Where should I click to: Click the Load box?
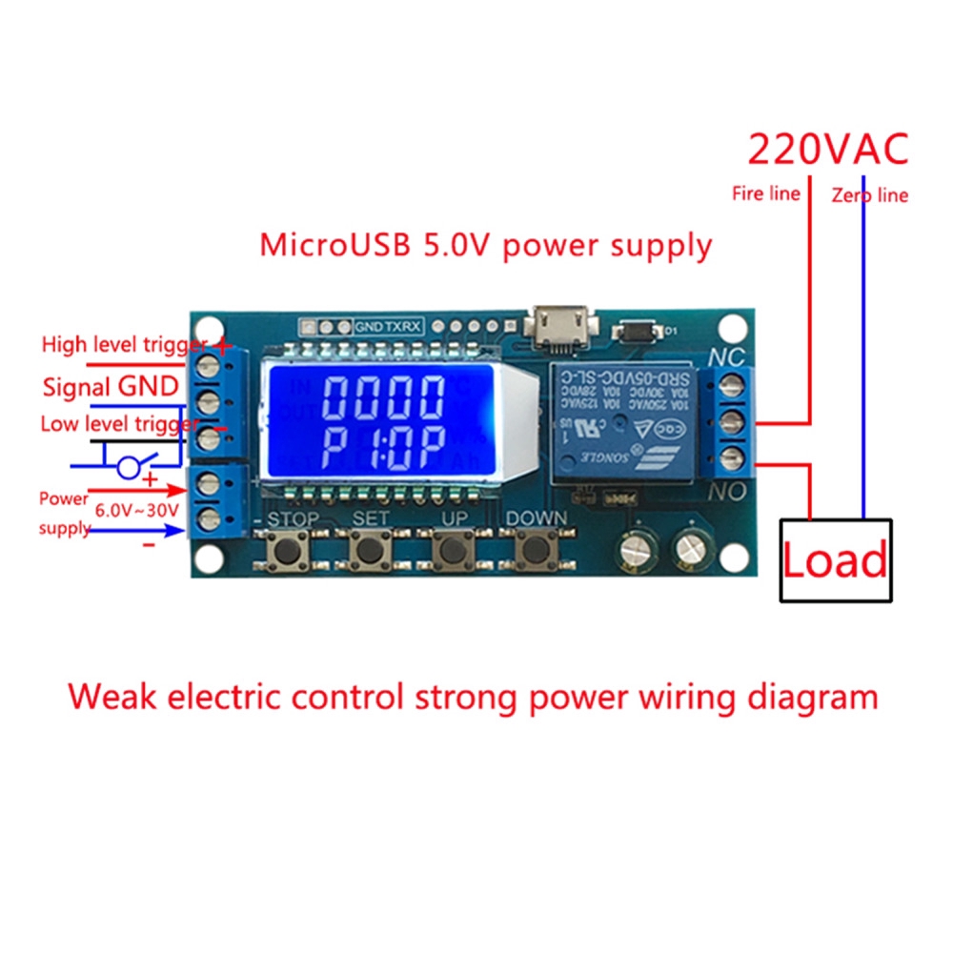836,559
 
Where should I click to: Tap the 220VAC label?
827,150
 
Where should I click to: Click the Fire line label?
765,193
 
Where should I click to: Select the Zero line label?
869,195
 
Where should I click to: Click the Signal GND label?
110,386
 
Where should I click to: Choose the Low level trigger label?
119,424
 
